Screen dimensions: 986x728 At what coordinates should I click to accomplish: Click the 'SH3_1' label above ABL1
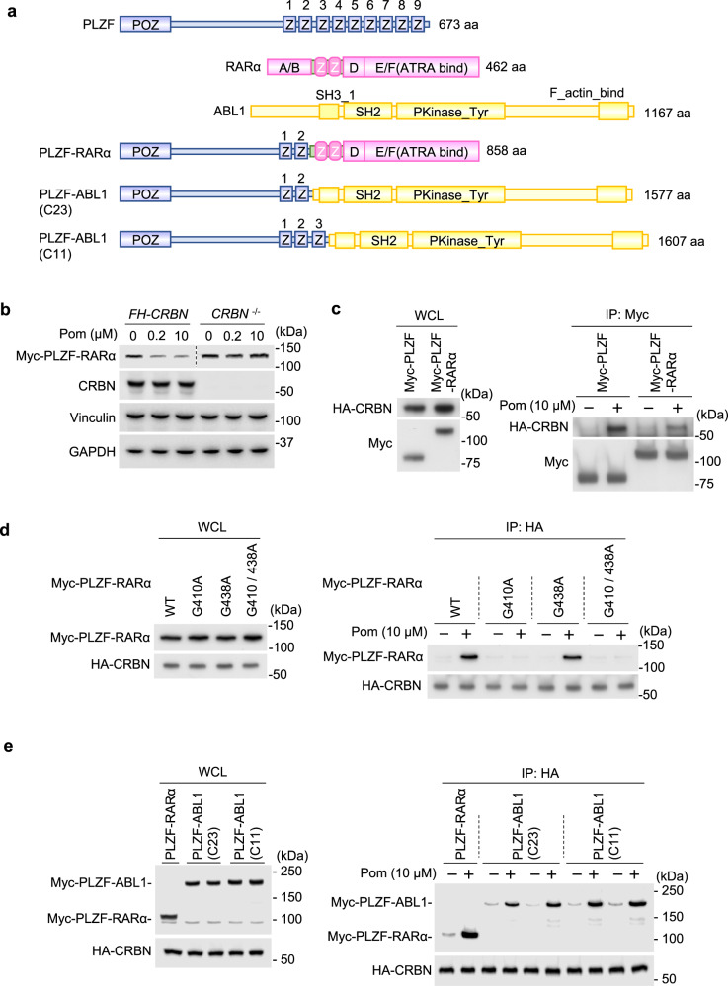(x=335, y=92)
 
